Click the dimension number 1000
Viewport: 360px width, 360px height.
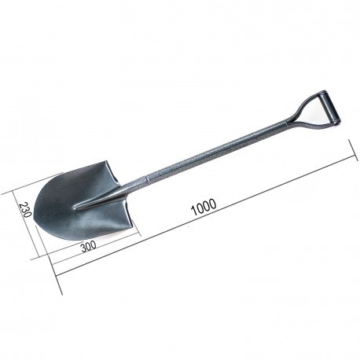(204, 207)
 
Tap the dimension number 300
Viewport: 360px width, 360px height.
(89, 246)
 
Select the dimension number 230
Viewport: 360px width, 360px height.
(26, 210)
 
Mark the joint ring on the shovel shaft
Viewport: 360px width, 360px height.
(147, 179)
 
